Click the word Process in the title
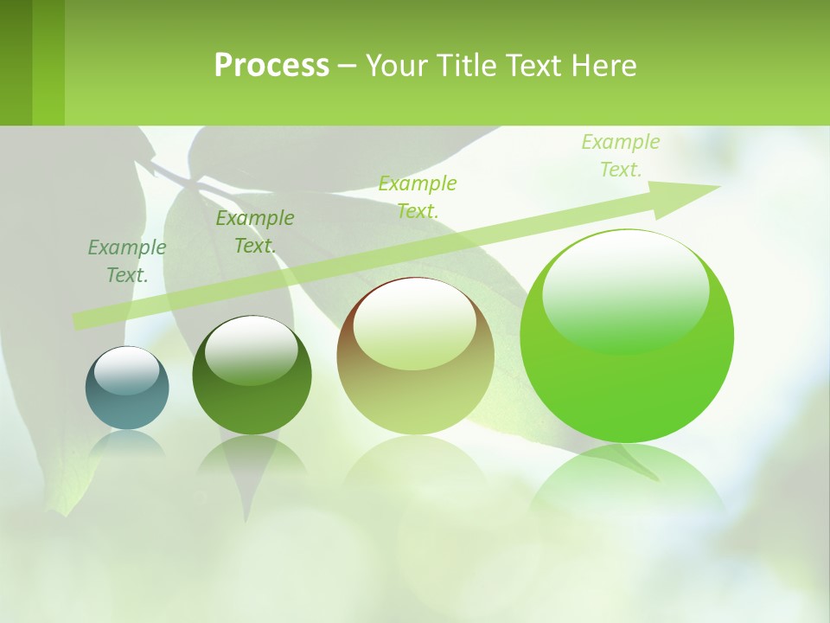(271, 66)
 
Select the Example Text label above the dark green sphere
(255, 232)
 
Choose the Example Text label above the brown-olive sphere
(418, 196)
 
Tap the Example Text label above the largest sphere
(621, 156)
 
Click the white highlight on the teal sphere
(126, 369)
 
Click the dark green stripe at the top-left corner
(16, 62)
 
